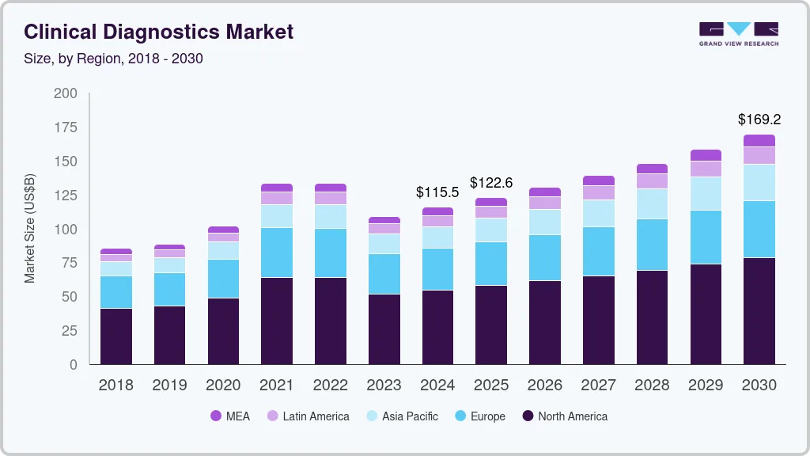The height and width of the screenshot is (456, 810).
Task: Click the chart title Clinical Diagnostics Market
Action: point(158,32)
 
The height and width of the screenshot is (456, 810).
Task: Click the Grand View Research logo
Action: point(738,33)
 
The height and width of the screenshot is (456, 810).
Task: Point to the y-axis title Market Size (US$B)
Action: point(30,228)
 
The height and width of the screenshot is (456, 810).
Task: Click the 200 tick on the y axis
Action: point(65,93)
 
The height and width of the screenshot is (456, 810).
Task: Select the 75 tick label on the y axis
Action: point(69,264)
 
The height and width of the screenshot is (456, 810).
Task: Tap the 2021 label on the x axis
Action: point(277,386)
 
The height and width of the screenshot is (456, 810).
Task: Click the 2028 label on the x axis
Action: point(653,386)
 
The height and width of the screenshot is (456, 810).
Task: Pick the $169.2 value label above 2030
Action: point(759,120)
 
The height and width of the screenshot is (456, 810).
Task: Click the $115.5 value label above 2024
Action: point(437,192)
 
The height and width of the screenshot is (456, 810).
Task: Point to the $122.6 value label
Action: point(491,183)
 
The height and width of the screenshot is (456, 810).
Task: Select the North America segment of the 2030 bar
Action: point(759,311)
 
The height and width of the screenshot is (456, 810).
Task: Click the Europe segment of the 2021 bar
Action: point(277,253)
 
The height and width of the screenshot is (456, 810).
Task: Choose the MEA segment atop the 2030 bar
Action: point(759,141)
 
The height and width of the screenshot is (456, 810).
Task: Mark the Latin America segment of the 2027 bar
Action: point(599,192)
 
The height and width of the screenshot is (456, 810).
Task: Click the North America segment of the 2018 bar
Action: point(116,336)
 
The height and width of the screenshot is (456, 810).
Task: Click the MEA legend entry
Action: point(230,416)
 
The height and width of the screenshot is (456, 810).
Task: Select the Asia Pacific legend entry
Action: point(401,416)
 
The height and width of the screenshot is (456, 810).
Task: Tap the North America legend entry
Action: point(565,416)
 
